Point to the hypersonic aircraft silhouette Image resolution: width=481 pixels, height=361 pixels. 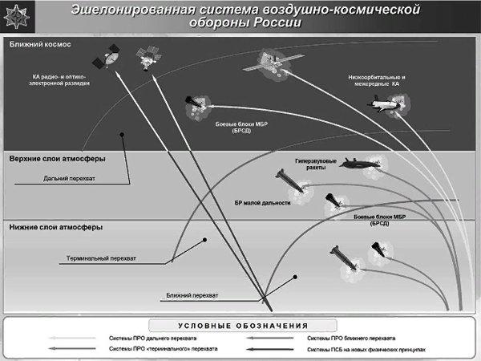click(x=359, y=164)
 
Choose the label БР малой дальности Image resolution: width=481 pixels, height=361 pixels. click(x=262, y=203)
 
